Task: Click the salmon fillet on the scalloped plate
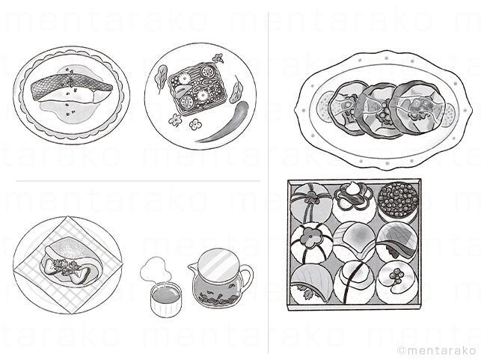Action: [71, 90]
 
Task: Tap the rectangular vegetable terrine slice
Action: [197, 88]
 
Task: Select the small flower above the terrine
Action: [218, 58]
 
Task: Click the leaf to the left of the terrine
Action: [160, 78]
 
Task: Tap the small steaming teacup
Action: [165, 300]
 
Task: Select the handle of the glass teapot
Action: [247, 279]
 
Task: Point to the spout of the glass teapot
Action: [194, 269]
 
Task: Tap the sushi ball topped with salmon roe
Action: [398, 201]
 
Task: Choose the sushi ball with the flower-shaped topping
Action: [311, 244]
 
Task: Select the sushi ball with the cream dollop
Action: [354, 202]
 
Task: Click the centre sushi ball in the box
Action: [355, 243]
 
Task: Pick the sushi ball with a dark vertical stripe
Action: [355, 283]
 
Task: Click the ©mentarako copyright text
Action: [437, 350]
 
